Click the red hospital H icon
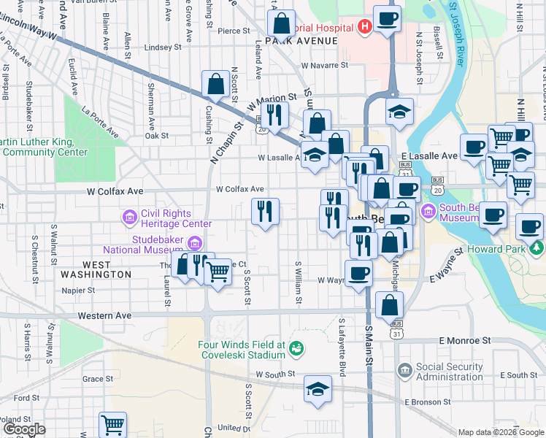366,28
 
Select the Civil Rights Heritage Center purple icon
129,217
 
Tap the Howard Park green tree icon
538,248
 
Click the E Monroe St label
464,341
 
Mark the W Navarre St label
325,65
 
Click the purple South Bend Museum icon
428,212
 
